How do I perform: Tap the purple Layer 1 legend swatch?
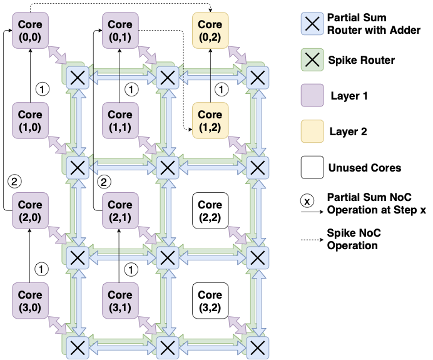click(x=311, y=96)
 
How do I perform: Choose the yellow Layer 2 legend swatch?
click(x=311, y=132)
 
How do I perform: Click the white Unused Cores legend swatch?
click(x=311, y=168)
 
